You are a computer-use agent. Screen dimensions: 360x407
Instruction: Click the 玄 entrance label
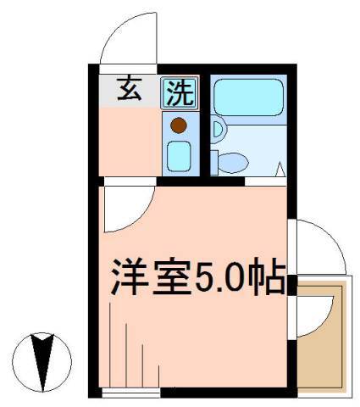pyautogui.click(x=130, y=89)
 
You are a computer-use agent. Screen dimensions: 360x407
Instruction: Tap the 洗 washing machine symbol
pyautogui.click(x=180, y=93)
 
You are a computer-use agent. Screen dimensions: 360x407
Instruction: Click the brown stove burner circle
pyautogui.click(x=179, y=125)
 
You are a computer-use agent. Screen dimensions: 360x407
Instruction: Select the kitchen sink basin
pyautogui.click(x=179, y=156)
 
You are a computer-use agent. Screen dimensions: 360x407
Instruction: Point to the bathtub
pyautogui.click(x=248, y=98)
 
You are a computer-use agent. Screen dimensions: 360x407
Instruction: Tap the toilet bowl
pyautogui.click(x=233, y=163)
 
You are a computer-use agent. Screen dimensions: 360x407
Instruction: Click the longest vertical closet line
pyautogui.click(x=109, y=344)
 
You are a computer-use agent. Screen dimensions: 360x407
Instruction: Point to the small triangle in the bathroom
pyautogui.click(x=280, y=170)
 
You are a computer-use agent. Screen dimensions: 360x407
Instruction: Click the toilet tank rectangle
pyautogui.click(x=214, y=163)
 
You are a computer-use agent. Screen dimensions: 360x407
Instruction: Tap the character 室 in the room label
pyautogui.click(x=172, y=276)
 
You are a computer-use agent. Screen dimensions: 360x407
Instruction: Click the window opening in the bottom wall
pyautogui.click(x=131, y=393)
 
